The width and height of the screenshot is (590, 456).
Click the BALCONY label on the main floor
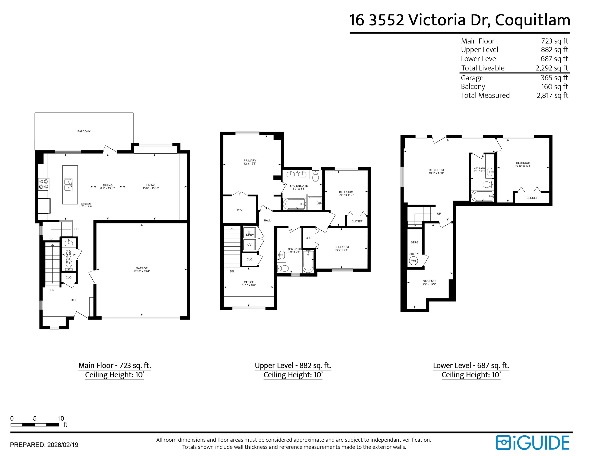click(x=84, y=131)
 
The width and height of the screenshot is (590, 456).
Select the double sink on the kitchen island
click(x=68, y=185)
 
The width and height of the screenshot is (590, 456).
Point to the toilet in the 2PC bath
click(x=69, y=264)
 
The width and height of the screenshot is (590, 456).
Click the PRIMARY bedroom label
click(x=250, y=161)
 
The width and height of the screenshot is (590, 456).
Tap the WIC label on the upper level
click(x=240, y=210)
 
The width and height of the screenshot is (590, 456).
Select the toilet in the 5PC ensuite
click(x=315, y=176)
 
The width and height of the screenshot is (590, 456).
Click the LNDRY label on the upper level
click(x=249, y=235)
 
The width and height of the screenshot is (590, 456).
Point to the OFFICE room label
click(x=249, y=282)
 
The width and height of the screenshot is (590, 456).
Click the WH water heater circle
click(x=413, y=261)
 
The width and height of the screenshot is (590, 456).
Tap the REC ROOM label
click(x=436, y=170)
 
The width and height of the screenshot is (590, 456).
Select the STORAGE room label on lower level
click(x=429, y=281)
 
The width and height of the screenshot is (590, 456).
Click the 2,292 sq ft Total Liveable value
click(x=552, y=68)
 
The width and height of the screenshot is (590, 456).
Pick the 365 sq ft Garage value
click(x=554, y=78)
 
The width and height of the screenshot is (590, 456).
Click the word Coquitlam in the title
click(x=532, y=20)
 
